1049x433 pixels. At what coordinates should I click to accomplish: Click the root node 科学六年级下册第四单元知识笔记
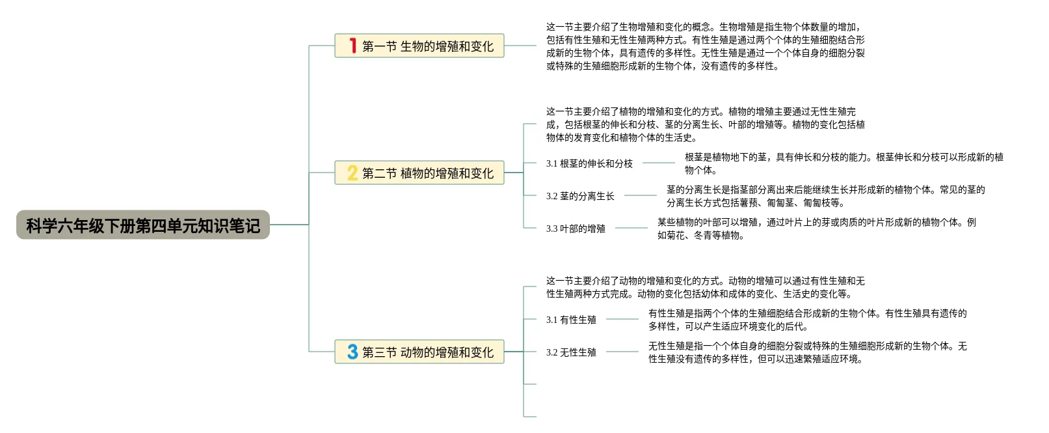[143, 225]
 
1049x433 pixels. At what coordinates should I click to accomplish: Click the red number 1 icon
[352, 46]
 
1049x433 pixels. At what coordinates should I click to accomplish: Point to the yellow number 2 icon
[352, 173]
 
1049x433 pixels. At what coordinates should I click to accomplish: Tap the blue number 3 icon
[352, 352]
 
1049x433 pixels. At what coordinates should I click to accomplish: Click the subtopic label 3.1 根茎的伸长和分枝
[589, 163]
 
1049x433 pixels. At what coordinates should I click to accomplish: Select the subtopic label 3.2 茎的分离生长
[580, 196]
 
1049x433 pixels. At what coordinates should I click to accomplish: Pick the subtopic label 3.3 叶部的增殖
[576, 229]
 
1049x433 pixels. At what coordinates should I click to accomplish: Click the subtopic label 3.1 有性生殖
[571, 320]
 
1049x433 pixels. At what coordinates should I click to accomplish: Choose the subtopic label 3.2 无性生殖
[571, 352]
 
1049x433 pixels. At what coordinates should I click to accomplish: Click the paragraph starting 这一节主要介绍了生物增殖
[705, 46]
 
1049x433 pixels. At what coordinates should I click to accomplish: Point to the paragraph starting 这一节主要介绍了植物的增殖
[705, 124]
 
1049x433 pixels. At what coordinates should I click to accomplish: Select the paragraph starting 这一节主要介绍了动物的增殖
[705, 287]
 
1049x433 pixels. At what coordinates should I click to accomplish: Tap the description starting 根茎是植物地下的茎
[843, 163]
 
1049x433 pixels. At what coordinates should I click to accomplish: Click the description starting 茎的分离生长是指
[825, 196]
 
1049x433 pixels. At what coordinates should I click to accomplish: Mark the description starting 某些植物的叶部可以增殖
[816, 229]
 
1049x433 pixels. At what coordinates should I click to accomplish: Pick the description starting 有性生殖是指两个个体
[807, 320]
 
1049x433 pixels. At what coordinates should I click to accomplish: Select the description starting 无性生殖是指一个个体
[807, 352]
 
